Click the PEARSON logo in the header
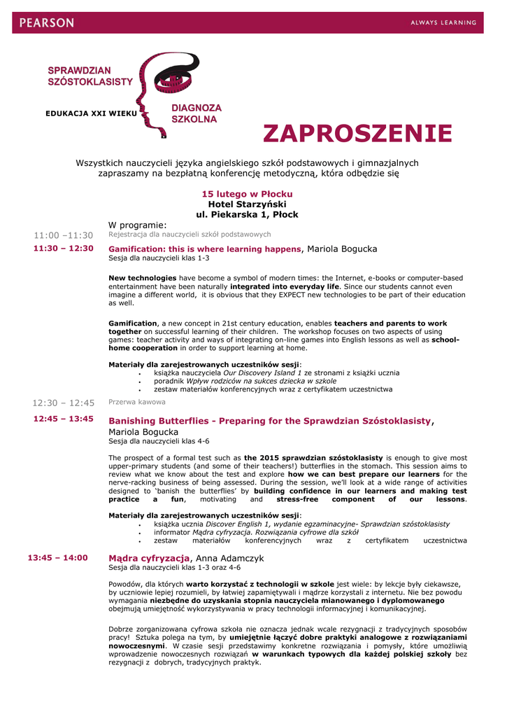(46, 23)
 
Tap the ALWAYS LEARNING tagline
(443, 23)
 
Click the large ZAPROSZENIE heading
(357, 133)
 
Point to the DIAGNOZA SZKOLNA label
(197, 113)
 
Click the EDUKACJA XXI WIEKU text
(91, 113)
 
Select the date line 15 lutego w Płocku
(247, 193)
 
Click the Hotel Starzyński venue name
(247, 204)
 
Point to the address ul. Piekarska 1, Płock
(247, 214)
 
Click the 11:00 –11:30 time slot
(63, 235)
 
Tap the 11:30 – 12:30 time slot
(63, 248)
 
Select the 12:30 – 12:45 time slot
(63, 403)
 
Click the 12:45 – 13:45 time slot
(63, 419)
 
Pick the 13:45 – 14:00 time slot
(57, 557)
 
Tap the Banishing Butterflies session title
(270, 421)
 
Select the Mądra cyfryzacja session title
(149, 558)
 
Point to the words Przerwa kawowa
(137, 402)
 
